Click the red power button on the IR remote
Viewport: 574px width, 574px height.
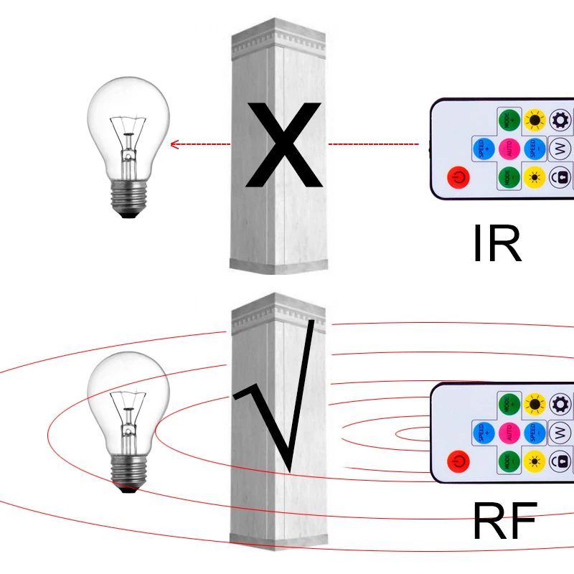pos(456,176)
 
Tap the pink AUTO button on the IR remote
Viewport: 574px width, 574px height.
pos(509,149)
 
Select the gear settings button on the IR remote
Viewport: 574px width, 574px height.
pos(560,119)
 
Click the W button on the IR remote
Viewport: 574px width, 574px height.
pos(560,149)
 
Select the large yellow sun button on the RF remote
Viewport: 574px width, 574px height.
pos(535,404)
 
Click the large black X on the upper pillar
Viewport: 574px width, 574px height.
pos(283,146)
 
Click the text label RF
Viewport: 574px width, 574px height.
pos(504,522)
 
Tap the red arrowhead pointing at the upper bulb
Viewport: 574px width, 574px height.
pos(174,144)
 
